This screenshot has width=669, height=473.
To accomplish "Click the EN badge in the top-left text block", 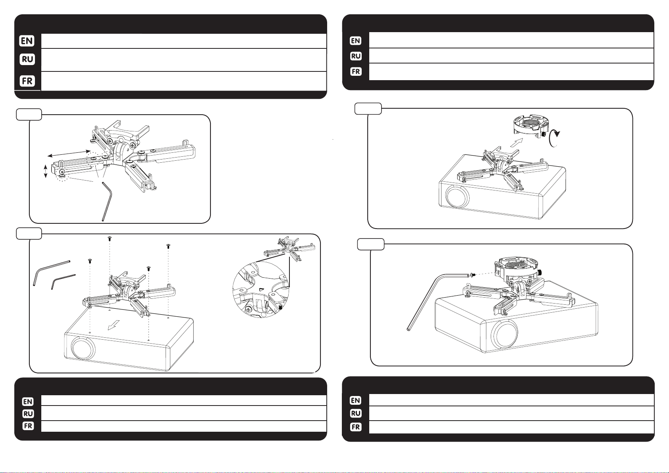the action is (27, 40).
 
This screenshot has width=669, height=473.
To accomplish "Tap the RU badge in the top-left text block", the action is (27, 59).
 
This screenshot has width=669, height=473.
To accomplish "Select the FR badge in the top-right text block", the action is (356, 71).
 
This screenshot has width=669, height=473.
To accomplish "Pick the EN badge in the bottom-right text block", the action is (355, 400).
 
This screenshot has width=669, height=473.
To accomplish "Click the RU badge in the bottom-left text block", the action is (28, 413).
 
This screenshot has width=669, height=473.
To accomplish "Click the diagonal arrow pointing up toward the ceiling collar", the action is (517, 142).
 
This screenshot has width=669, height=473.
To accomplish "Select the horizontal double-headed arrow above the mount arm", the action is (69, 154).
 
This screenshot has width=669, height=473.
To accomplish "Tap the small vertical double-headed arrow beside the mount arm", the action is (45, 171).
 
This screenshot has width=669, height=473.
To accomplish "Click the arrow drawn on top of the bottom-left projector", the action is (114, 325).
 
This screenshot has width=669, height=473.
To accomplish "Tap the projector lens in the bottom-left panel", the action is (83, 348).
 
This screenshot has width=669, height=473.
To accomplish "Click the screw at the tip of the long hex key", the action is (472, 275).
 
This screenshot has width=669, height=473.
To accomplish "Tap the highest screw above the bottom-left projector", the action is (110, 238).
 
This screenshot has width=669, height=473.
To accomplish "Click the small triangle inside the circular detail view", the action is (261, 289).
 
